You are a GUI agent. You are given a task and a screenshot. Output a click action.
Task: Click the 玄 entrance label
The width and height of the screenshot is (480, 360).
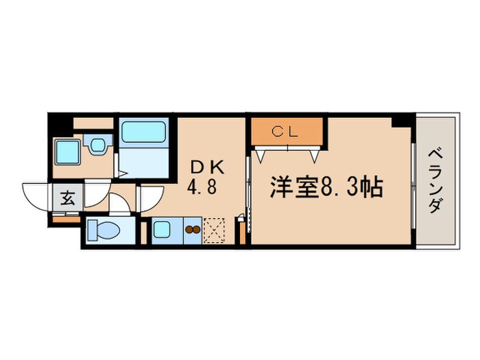pos(69,198)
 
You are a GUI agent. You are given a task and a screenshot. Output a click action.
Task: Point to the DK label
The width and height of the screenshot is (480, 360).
pos(206,167)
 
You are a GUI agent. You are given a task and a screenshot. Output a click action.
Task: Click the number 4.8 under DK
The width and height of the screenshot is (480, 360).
pos(204,188)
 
